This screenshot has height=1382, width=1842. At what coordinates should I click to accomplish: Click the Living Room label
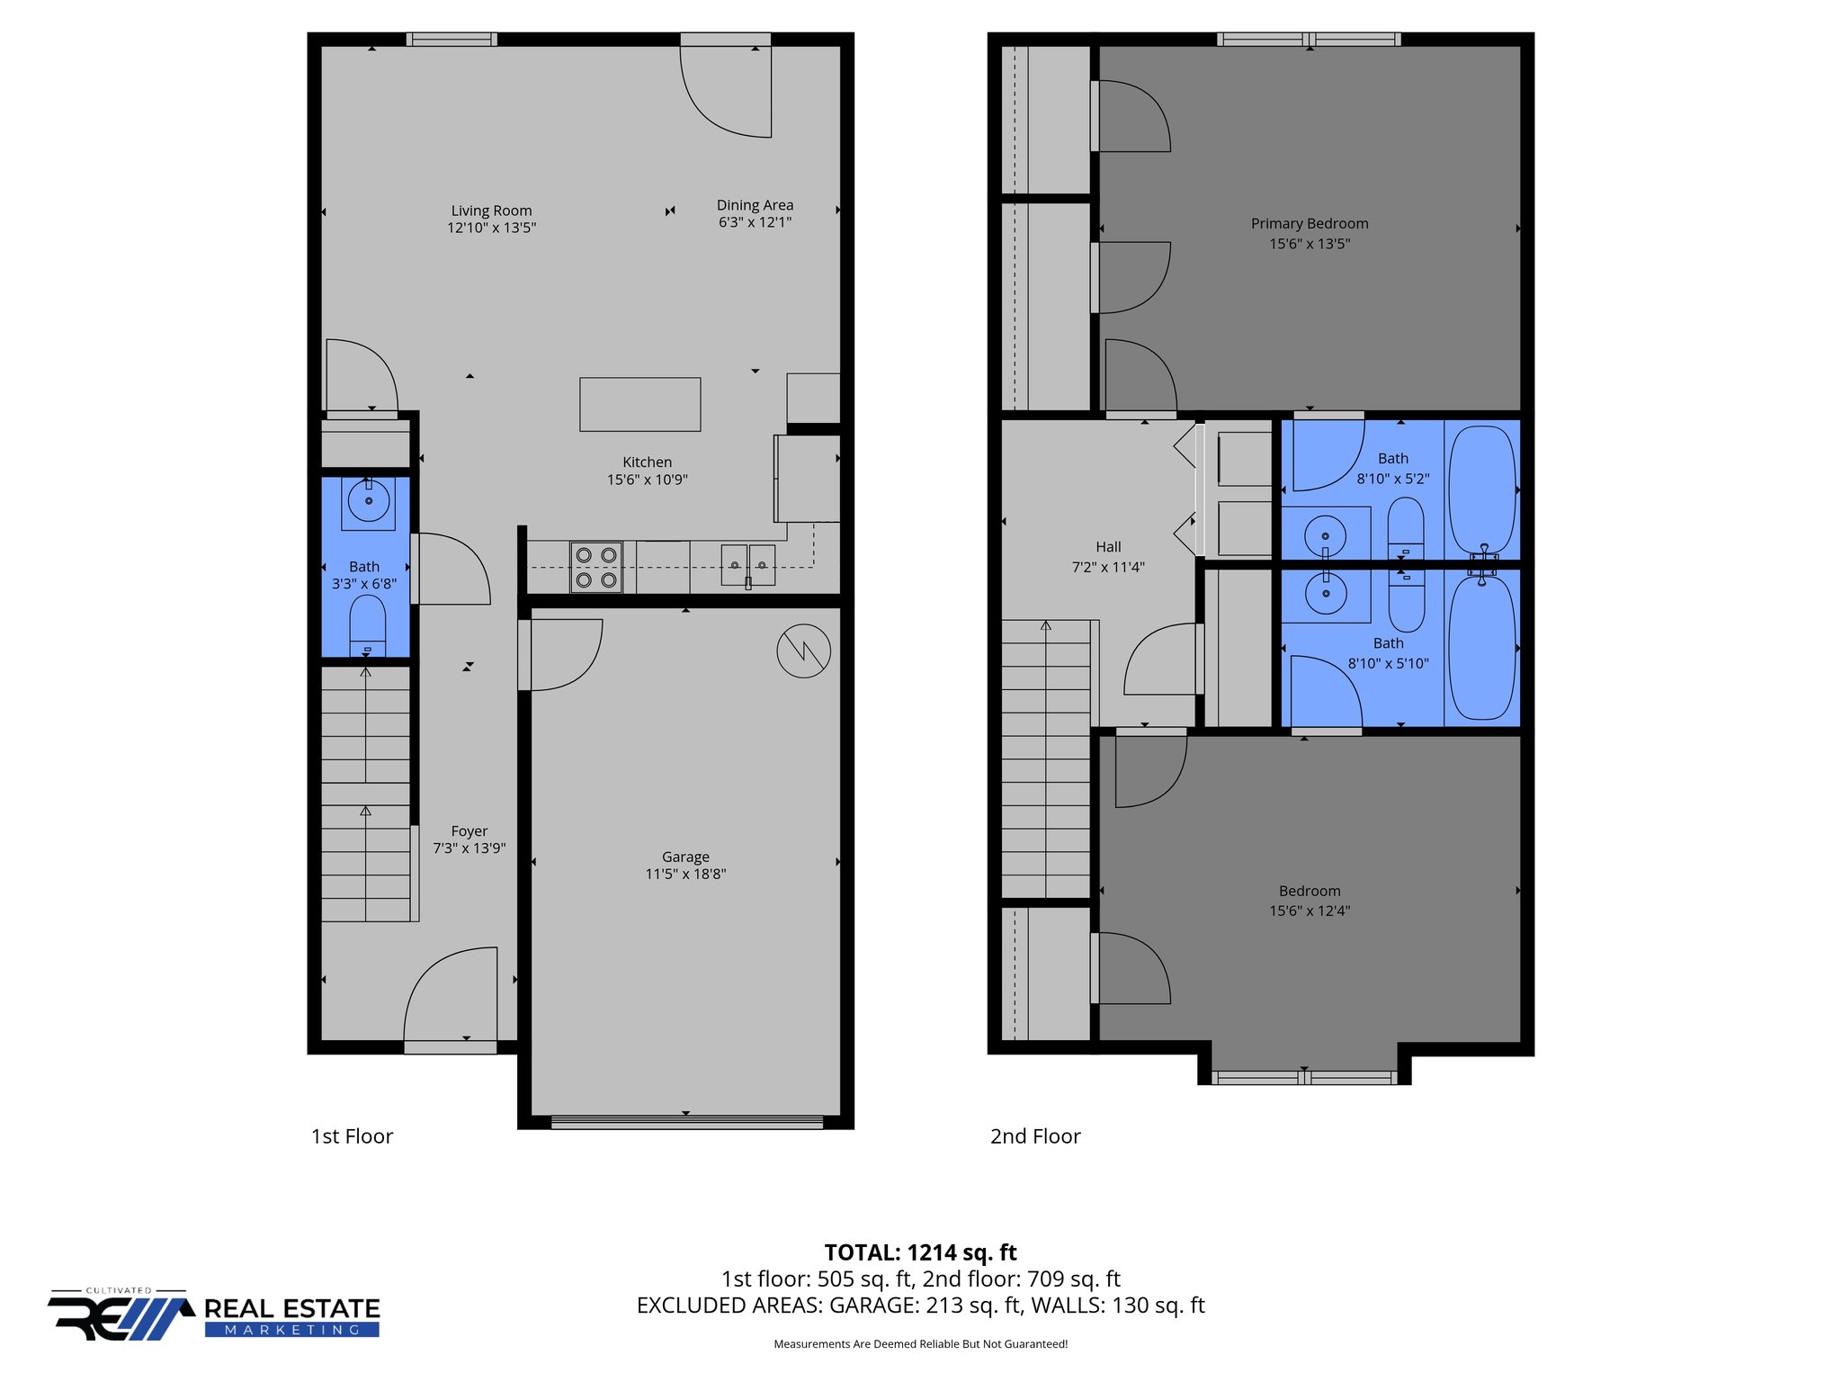[x=491, y=211]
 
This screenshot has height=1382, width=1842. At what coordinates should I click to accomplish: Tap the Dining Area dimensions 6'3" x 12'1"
[x=755, y=222]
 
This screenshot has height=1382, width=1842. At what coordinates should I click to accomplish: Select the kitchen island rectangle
[x=639, y=404]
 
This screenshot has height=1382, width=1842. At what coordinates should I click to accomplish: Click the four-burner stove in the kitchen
[x=595, y=568]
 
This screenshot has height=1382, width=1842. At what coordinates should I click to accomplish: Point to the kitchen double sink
[x=747, y=565]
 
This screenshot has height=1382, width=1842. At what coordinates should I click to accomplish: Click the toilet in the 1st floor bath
[x=367, y=623]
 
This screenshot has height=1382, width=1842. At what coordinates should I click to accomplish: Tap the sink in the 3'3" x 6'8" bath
[x=368, y=501]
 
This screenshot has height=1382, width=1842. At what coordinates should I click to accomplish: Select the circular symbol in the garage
[x=803, y=651]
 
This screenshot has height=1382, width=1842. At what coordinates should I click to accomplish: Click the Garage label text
[x=685, y=857]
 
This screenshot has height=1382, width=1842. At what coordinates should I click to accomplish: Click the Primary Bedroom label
[x=1309, y=223]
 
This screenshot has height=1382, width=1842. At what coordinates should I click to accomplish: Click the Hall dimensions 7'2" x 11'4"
[x=1108, y=567]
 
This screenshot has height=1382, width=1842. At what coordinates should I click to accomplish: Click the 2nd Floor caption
[x=1035, y=1136]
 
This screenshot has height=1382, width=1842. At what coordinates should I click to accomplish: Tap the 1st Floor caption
[x=352, y=1136]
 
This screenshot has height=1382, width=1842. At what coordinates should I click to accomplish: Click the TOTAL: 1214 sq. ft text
[x=920, y=1252]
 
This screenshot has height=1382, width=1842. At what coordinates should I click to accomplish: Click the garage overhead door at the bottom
[x=686, y=1122]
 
